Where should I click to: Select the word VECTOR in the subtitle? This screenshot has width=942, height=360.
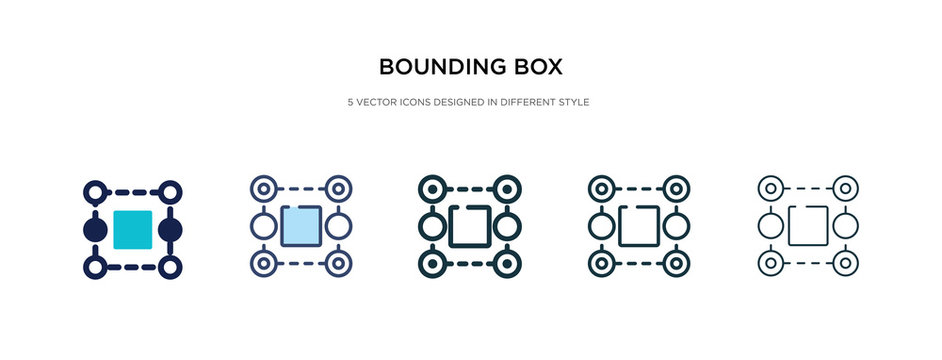tap(380, 102)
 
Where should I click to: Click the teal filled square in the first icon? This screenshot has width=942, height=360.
tap(133, 229)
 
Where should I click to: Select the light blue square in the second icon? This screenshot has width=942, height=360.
tap(302, 226)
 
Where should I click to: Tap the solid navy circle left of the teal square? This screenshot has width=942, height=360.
tap(95, 229)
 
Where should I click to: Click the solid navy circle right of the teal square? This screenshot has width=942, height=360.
tap(171, 229)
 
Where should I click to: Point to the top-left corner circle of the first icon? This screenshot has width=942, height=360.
tap(95, 190)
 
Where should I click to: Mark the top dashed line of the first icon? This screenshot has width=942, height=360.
tap(133, 190)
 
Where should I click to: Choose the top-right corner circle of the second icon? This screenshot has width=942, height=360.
tap(340, 187)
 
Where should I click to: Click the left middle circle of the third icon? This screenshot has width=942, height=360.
tap(432, 226)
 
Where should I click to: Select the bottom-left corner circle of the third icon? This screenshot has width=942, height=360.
tap(432, 264)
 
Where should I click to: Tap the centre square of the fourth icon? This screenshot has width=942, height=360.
tap(640, 226)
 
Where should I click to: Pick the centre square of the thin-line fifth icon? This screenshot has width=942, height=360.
tap(808, 226)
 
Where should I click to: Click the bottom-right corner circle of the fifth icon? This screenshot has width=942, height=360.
tap(846, 264)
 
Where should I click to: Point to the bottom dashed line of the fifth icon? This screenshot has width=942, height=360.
tap(808, 264)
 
